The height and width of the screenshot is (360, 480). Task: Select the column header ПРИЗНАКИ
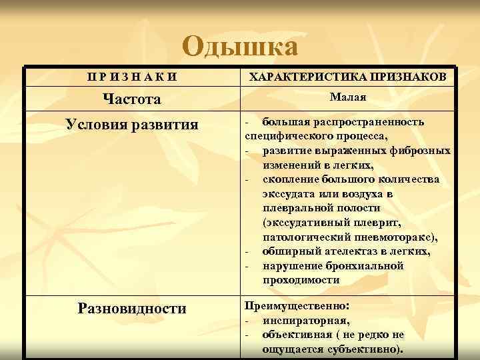pos(132,77)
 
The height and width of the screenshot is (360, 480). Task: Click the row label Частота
pos(132,99)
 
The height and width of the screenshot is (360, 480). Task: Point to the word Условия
pos(95,125)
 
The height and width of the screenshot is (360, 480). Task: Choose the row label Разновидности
pos(132,308)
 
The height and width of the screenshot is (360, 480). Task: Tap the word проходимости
pos(301,280)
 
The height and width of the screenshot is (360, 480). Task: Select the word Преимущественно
pos(295,306)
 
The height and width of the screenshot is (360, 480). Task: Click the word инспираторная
pos(297,320)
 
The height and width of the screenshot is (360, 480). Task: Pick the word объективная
pos(295,335)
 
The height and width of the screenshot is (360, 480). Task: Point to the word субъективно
pos(366,349)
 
